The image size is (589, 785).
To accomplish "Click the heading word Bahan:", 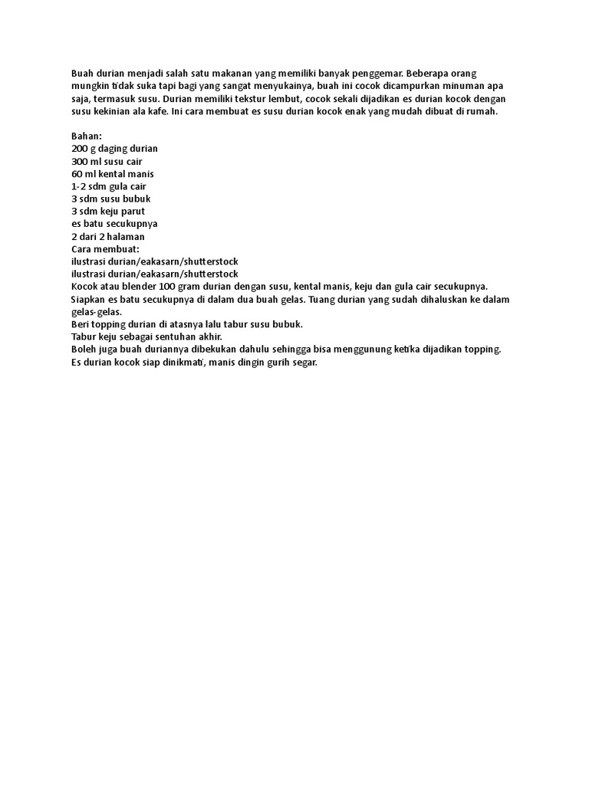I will tap(87, 136).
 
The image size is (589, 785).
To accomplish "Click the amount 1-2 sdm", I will tap(88, 186).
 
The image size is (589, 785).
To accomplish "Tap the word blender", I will tap(140, 286).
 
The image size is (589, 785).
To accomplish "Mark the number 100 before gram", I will tap(168, 286).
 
